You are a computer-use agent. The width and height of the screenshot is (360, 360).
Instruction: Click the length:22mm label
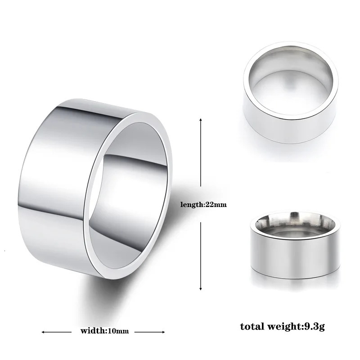click(x=203, y=204)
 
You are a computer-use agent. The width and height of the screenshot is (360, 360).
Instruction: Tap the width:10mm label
click(x=104, y=331)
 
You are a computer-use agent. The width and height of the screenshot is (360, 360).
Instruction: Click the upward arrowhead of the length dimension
click(x=201, y=121)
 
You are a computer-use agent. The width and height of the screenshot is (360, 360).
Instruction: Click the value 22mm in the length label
click(x=216, y=204)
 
